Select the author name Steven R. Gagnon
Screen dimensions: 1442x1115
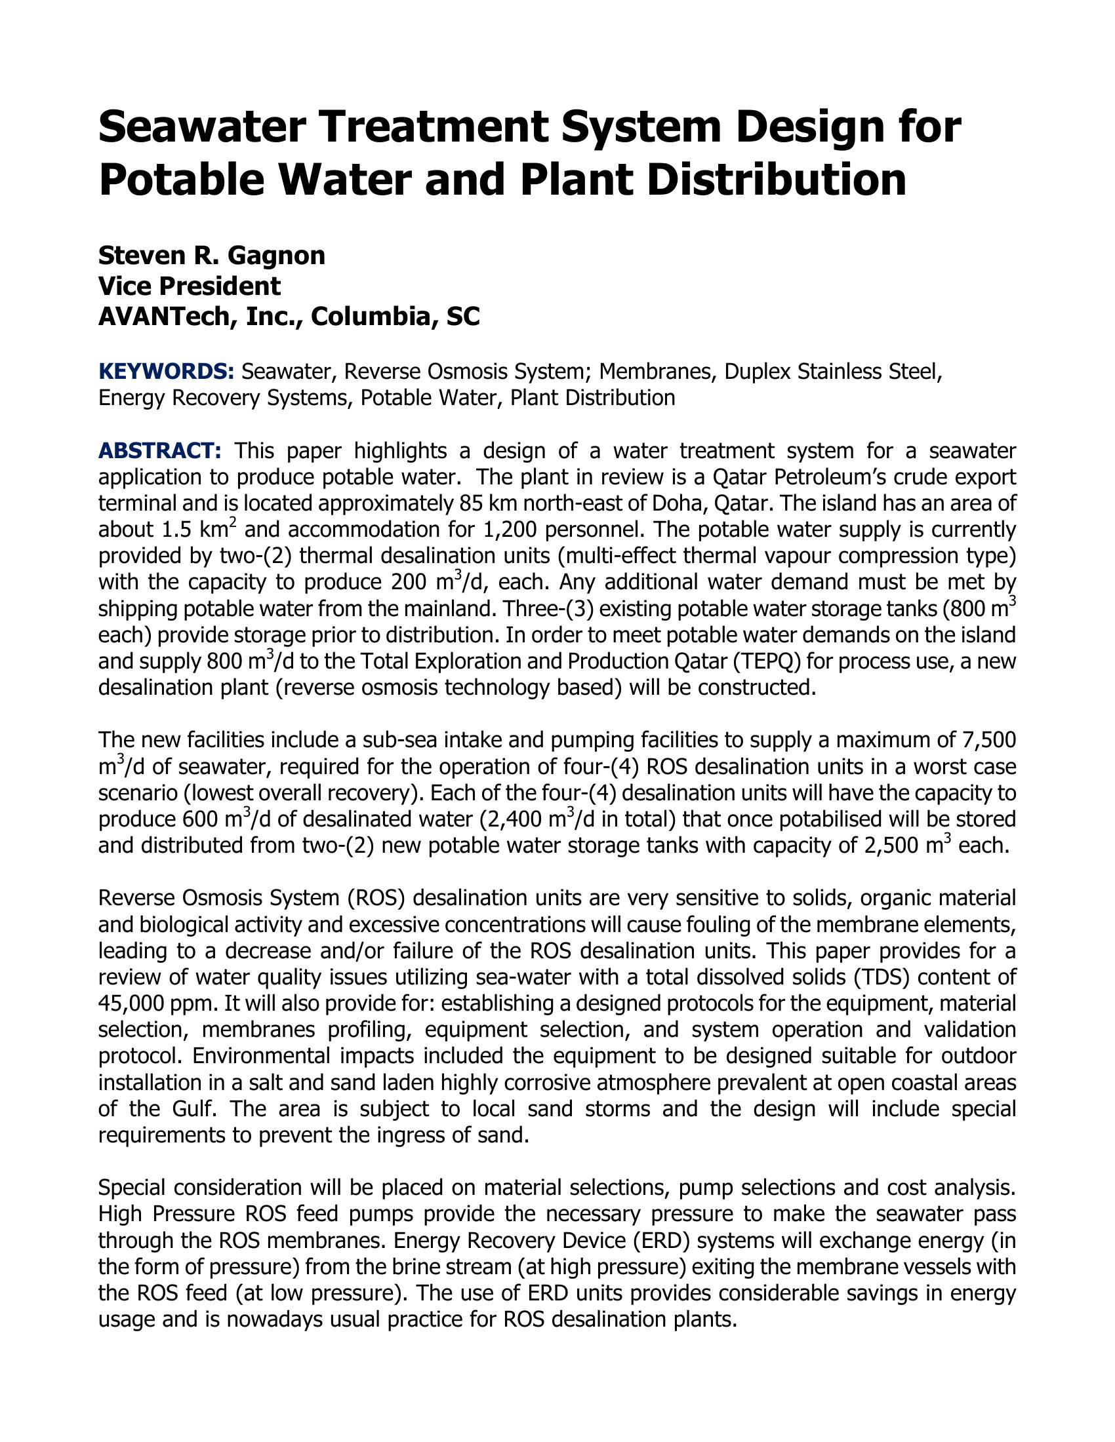[x=211, y=255]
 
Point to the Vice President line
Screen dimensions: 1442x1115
[x=189, y=286]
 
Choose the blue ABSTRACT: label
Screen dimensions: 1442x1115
[x=160, y=451]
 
